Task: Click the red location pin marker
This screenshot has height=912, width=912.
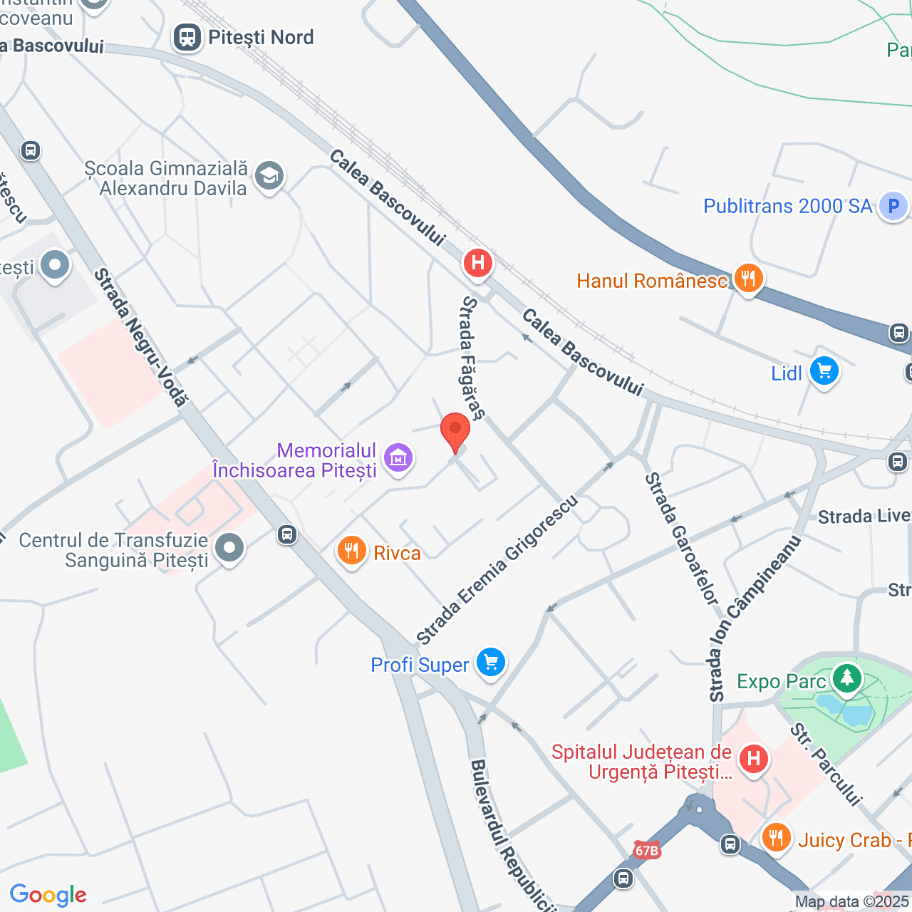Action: click(455, 432)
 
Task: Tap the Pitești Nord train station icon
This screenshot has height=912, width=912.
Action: click(187, 38)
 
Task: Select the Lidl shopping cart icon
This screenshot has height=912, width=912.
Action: click(824, 371)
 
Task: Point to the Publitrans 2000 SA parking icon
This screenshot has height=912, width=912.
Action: click(893, 207)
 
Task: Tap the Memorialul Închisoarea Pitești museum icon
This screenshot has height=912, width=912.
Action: click(398, 458)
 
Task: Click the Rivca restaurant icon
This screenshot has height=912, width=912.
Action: click(351, 551)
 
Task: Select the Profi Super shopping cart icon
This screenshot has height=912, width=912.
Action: click(490, 663)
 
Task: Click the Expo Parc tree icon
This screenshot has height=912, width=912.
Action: click(846, 677)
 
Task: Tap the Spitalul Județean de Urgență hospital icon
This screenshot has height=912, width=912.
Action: click(753, 758)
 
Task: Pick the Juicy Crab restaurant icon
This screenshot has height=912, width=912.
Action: click(776, 837)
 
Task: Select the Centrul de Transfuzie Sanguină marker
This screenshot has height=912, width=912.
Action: click(229, 549)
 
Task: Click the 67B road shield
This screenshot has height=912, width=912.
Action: click(646, 850)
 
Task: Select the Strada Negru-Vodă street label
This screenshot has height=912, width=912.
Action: click(140, 337)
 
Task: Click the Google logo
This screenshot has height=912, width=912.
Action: click(48, 895)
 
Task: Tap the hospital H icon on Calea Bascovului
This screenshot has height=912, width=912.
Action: click(478, 263)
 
